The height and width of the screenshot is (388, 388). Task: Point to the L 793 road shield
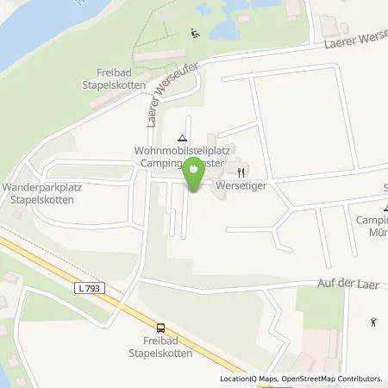pyautogui.click(x=95, y=288)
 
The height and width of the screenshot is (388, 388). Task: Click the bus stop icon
pyautogui.click(x=160, y=327)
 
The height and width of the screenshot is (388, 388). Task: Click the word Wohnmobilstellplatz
pyautogui.click(x=179, y=149)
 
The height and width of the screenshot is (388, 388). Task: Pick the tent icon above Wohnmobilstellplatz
pyautogui.click(x=181, y=136)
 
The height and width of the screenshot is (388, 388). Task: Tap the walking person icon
pyautogui.click(x=373, y=323)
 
